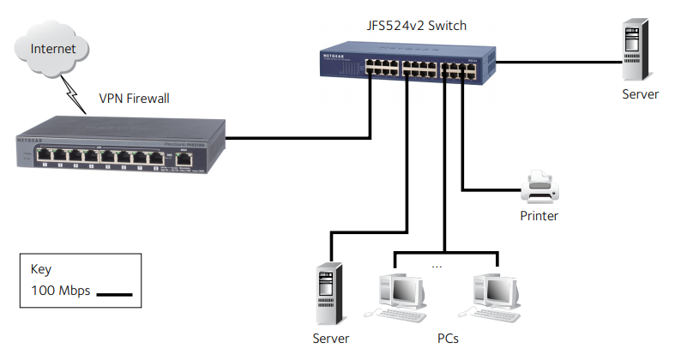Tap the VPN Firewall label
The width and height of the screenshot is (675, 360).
(135, 99)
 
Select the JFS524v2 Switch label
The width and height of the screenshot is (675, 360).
(410, 26)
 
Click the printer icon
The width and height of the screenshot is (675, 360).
(540, 183)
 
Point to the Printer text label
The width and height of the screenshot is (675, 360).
(539, 216)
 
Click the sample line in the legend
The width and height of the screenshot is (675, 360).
(113, 294)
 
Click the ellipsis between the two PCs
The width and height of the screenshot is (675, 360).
(437, 267)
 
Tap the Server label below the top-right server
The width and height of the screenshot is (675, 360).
(640, 94)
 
